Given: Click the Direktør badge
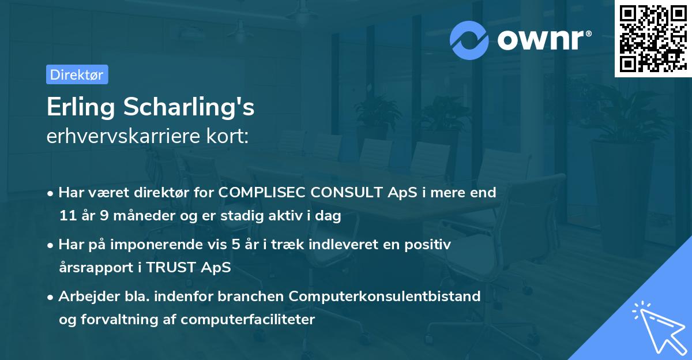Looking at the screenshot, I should coord(77,74).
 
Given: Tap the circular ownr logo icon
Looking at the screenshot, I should coord(469,40).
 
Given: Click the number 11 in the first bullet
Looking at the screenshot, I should coord(67,216).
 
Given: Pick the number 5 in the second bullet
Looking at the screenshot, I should coord(235,245).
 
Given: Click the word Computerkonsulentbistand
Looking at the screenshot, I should coord(385,297).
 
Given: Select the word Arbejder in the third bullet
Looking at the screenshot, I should coord(84,297).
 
